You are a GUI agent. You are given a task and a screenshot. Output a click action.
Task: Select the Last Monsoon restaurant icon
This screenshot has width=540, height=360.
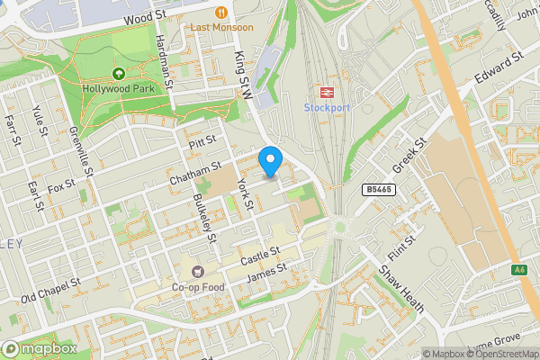pyautogui.click(x=221, y=12)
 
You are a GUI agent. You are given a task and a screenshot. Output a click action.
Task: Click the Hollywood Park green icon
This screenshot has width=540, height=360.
pyautogui.click(x=117, y=74)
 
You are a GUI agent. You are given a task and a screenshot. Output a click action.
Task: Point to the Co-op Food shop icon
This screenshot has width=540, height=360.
pyautogui.click(x=197, y=271)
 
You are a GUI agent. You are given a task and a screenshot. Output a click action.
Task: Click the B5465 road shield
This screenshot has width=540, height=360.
pyautogui.click(x=379, y=190)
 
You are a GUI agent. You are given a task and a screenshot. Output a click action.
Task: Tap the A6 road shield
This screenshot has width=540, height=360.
pyautogui.click(x=519, y=270)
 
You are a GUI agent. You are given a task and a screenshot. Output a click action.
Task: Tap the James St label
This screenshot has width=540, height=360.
pyautogui.click(x=268, y=271)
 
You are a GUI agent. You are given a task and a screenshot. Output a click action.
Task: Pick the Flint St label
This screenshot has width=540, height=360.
pyautogui.click(x=399, y=250)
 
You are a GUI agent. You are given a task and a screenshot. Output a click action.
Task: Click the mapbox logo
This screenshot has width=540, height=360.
pyautogui.click(x=38, y=348)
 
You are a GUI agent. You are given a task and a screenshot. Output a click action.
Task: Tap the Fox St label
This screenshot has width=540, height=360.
pyautogui.click(x=62, y=188)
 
